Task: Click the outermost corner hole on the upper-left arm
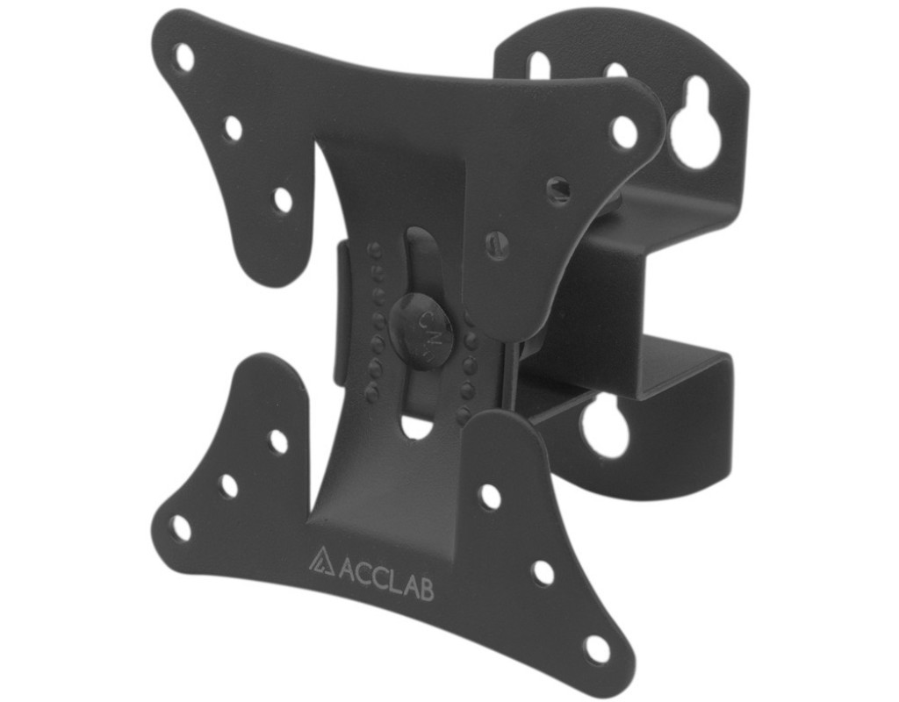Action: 184,57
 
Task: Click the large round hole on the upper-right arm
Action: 624,130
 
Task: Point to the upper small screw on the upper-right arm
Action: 558,187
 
